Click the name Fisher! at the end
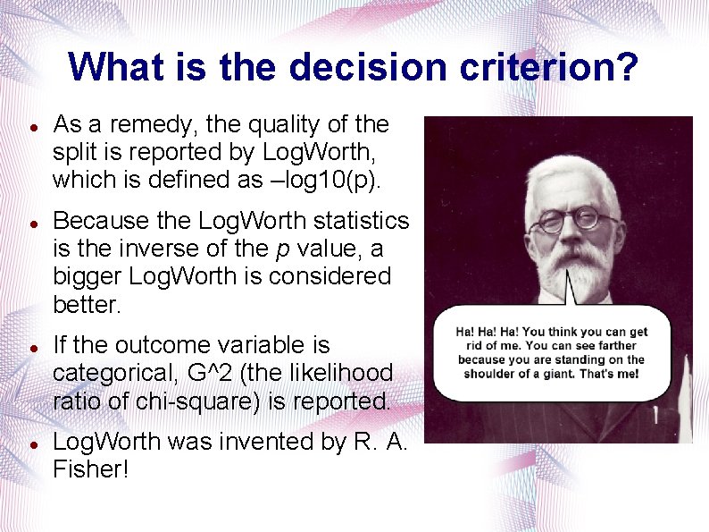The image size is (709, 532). (x=90, y=469)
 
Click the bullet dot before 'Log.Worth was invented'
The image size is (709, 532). (x=32, y=443)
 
